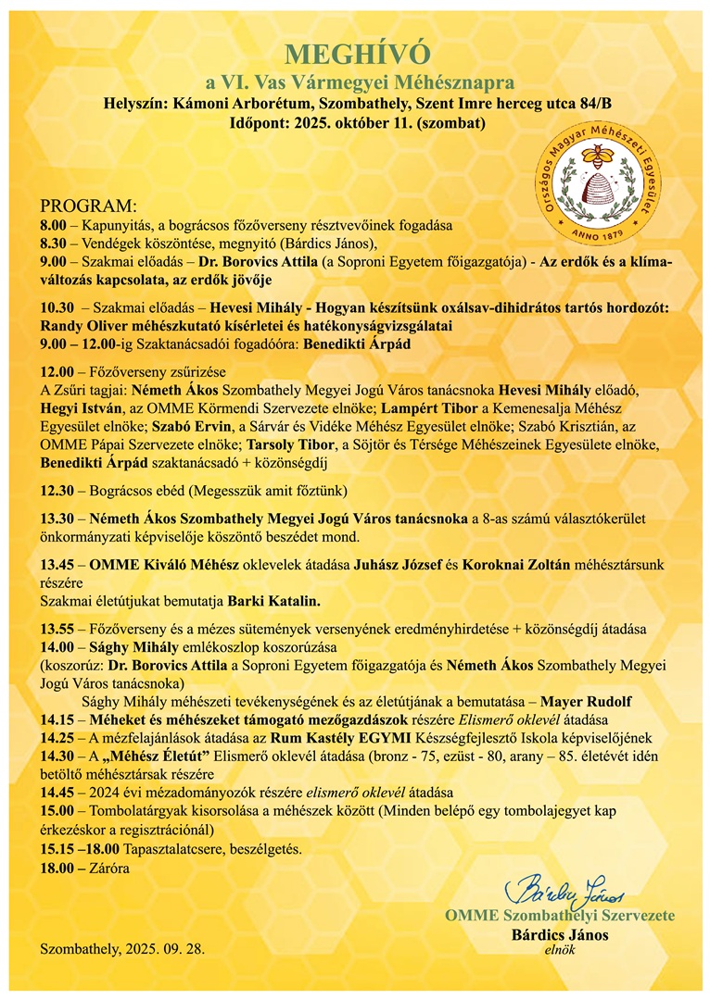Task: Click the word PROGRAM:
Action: point(88,206)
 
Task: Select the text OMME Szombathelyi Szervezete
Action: point(560,916)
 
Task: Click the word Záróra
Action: point(108,869)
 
